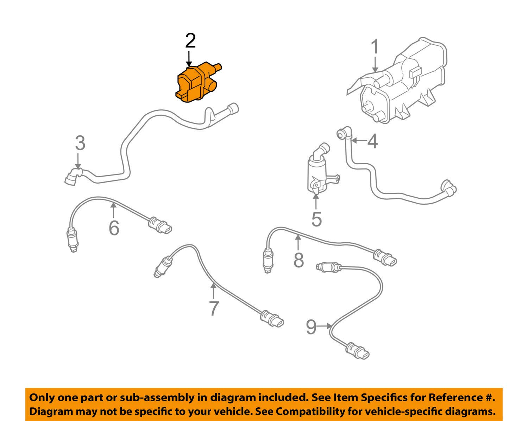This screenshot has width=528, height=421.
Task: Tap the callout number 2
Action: tap(190, 41)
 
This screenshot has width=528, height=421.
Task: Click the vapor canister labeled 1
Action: tap(401, 84)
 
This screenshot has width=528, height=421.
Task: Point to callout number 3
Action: tap(80, 143)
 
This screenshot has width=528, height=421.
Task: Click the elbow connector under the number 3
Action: tap(73, 176)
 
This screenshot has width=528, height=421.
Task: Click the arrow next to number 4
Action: tap(358, 141)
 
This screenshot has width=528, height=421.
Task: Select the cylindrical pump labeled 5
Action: tap(317, 172)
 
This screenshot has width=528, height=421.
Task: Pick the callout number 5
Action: tap(316, 219)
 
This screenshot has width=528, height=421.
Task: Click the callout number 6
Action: tap(114, 228)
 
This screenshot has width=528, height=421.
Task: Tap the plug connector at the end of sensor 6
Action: tap(161, 226)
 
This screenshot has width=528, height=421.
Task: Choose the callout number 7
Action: tap(214, 308)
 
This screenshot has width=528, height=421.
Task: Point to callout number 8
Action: tap(298, 261)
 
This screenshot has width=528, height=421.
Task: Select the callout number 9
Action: tap(311, 327)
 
